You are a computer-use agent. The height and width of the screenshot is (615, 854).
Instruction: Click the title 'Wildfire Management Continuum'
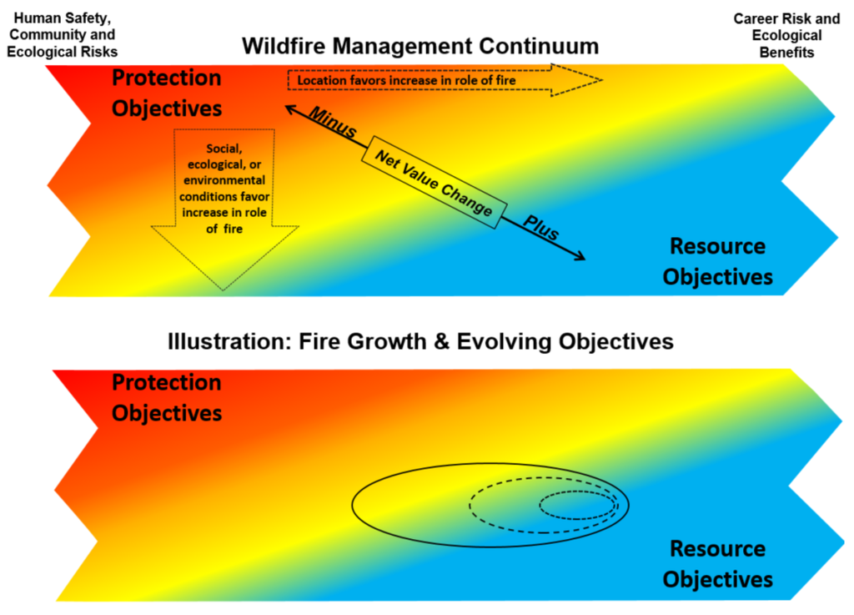(420, 46)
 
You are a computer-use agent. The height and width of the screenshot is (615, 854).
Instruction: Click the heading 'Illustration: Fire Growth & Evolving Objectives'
(420, 342)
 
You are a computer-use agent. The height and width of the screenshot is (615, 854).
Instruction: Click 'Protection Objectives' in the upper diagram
(167, 93)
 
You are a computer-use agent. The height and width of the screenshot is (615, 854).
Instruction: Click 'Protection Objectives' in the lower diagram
(167, 397)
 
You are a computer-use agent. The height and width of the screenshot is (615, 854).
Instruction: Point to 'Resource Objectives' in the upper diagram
(717, 261)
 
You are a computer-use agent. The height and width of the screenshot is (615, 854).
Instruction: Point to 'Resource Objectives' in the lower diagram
(717, 563)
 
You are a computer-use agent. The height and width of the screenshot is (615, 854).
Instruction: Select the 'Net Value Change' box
(434, 183)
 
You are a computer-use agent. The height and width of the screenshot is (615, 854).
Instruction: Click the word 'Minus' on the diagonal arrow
(333, 123)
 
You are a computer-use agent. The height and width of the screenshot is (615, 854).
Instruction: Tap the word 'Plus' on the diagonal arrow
(540, 229)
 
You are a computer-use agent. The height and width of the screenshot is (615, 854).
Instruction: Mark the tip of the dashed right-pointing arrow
(600, 80)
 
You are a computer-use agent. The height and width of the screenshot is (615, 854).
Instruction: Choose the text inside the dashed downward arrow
(223, 188)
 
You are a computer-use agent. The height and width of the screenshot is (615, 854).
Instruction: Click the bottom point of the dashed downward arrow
(223, 289)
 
